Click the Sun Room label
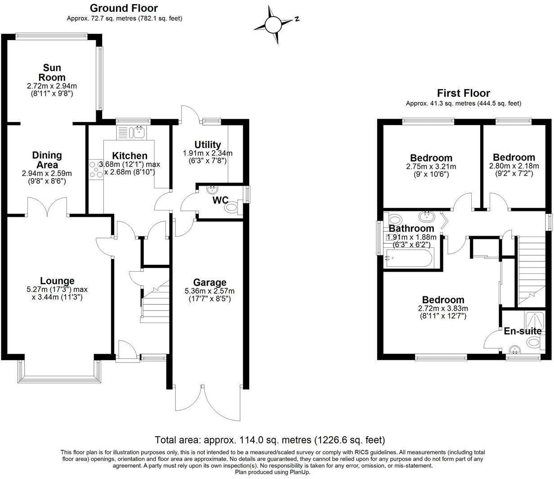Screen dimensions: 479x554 pyautogui.click(x=52, y=72)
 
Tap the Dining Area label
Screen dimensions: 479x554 pyautogui.click(x=47, y=160)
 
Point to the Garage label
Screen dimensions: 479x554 pyautogui.click(x=210, y=282)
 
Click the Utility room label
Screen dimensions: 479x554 pyautogui.click(x=207, y=144)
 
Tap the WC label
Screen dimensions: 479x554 pyautogui.click(x=221, y=200)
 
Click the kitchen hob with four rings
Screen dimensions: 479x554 pyautogui.click(x=95, y=170)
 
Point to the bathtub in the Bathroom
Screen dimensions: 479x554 pyautogui.click(x=407, y=259)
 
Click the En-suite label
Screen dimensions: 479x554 pyautogui.click(x=522, y=331)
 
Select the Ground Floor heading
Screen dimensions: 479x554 pyautogui.click(x=124, y=8)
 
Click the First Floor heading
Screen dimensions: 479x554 pyautogui.click(x=463, y=94)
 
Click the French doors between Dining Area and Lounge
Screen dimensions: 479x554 pyautogui.click(x=47, y=208)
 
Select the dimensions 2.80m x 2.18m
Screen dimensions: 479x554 pyautogui.click(x=514, y=166)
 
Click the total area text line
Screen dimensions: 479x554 pyautogui.click(x=270, y=439)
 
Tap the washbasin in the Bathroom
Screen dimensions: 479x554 pyautogui.click(x=426, y=216)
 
